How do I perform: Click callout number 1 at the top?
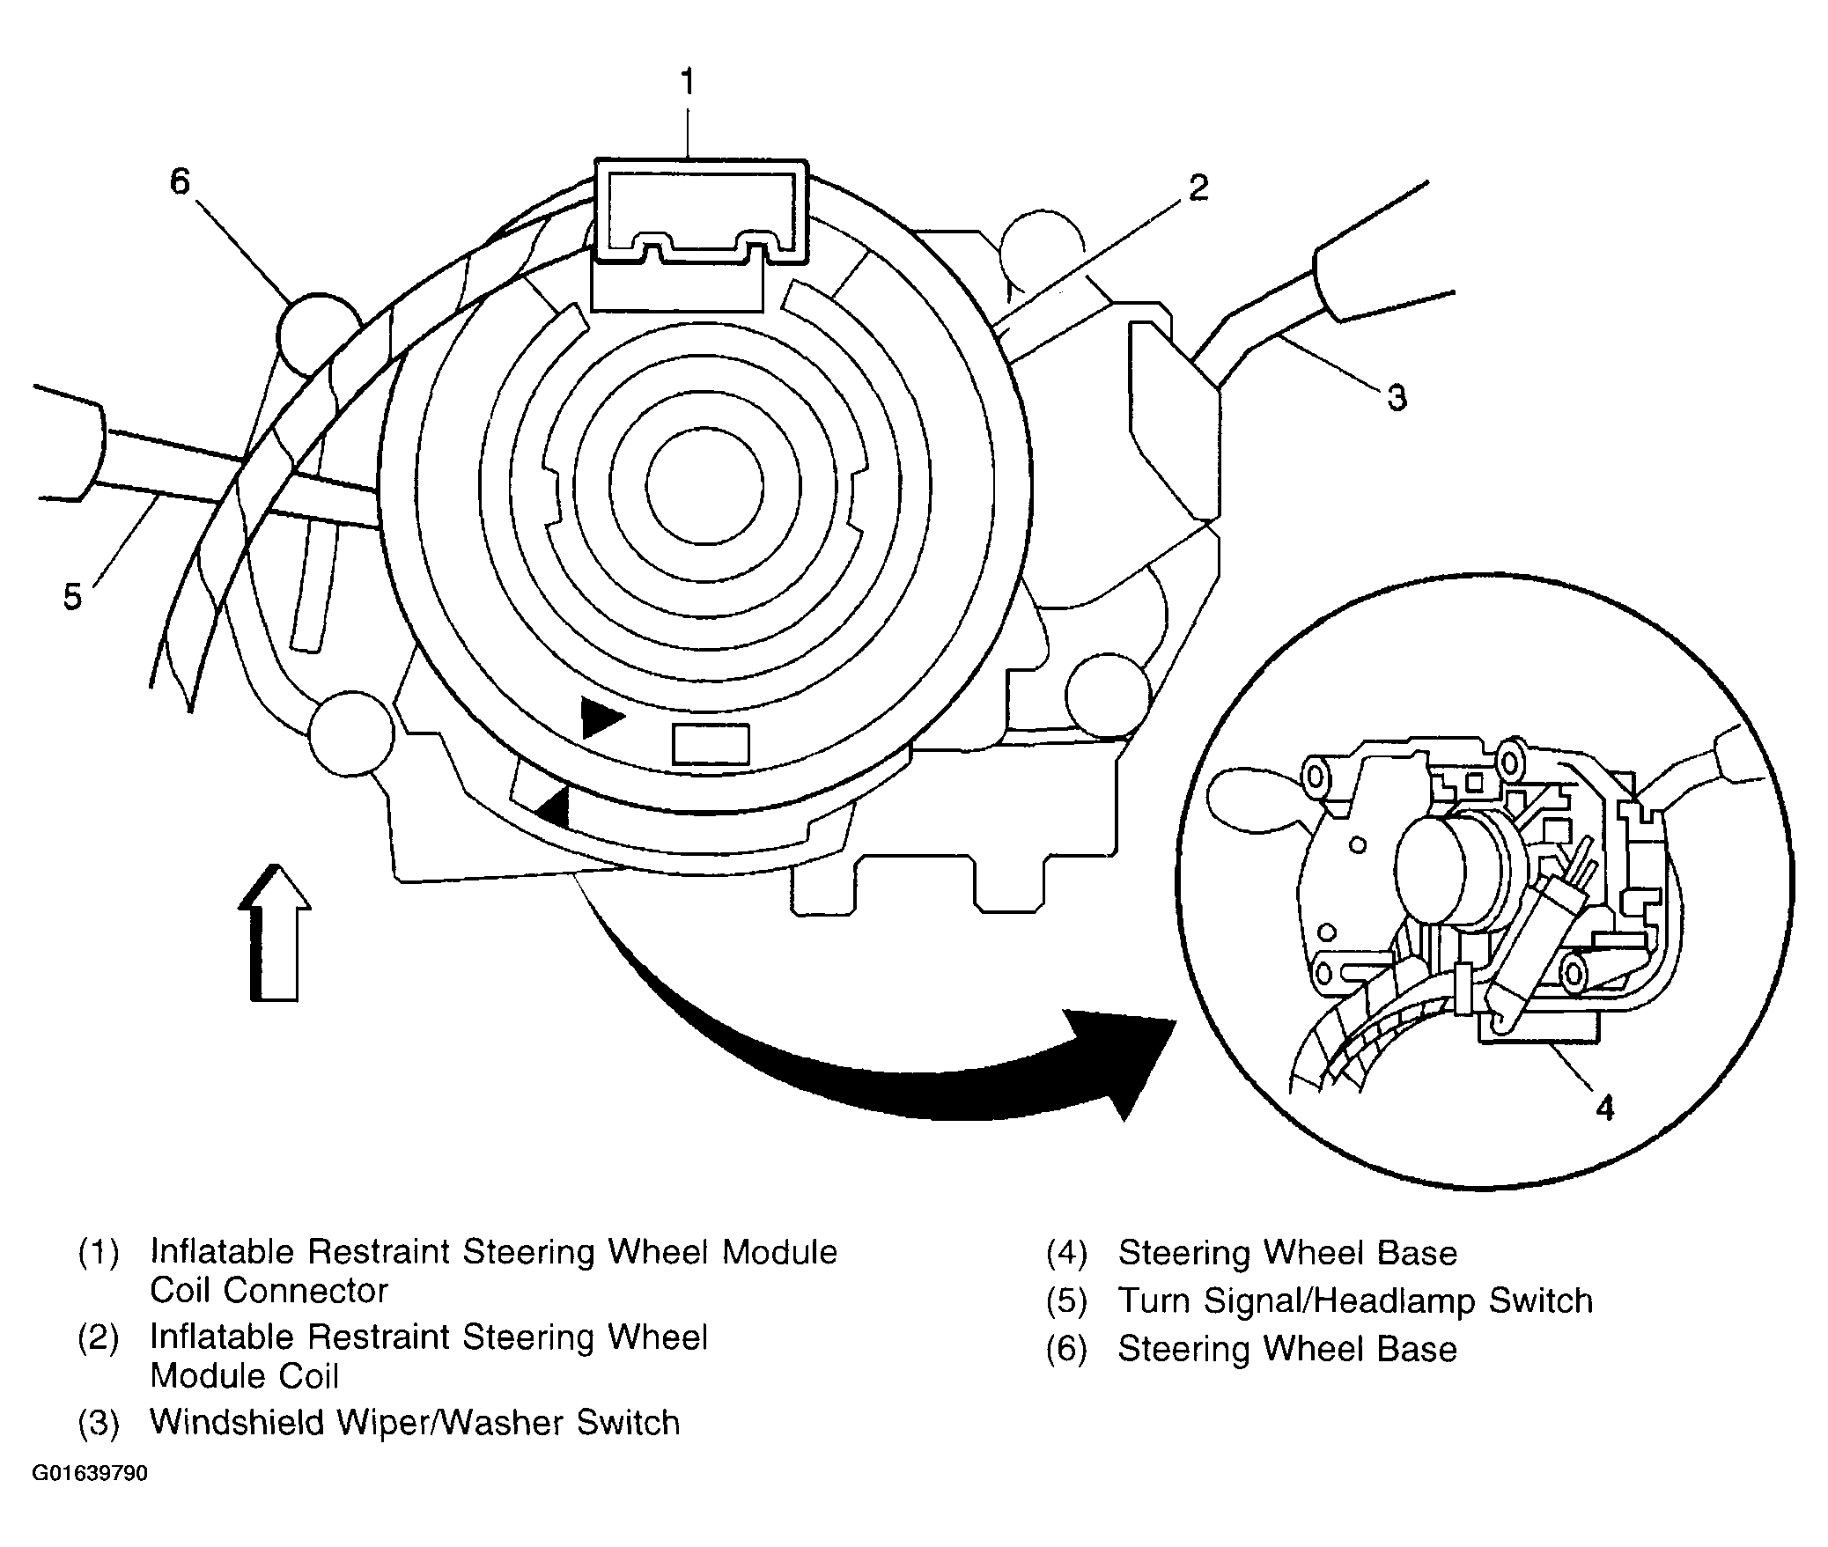click(688, 83)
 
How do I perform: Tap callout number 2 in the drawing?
click(1198, 188)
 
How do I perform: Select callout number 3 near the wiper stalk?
click(1397, 397)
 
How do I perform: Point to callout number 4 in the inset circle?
click(1604, 1108)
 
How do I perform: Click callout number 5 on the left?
click(72, 597)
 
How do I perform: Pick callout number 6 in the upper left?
click(180, 182)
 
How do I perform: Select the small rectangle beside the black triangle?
click(711, 744)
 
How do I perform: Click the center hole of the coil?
click(704, 486)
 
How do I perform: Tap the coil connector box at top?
click(701, 211)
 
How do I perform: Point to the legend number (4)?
click(1066, 1253)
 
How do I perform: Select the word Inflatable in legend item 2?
click(223, 1337)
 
